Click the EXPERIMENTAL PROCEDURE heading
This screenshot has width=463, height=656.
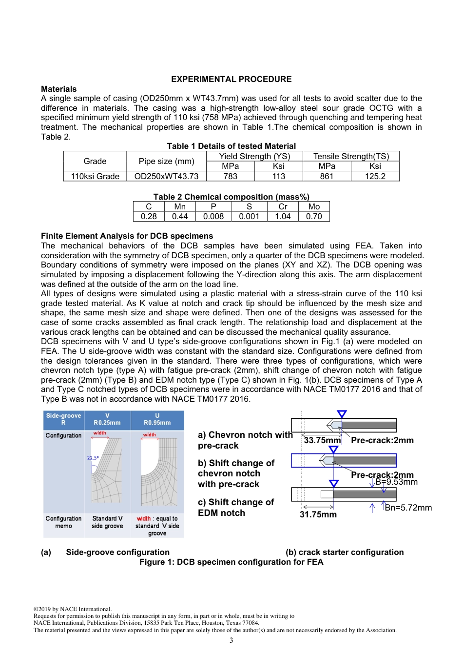coord(231,79)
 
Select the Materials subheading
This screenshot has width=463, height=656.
coord(58,89)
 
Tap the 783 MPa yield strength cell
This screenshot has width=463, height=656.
coord(230,176)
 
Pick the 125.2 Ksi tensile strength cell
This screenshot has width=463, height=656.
coord(375,176)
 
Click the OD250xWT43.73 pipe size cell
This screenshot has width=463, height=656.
coord(166,176)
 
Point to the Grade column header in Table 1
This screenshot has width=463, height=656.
coord(95,161)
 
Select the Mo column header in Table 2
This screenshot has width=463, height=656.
coord(314,206)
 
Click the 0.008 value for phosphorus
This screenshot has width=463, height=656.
coord(213,216)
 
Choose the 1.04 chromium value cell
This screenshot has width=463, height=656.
coord(283,216)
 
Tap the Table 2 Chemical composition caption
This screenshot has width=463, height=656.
coord(231,197)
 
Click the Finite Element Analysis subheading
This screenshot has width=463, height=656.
coord(127,236)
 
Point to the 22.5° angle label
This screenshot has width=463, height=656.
coord(93,458)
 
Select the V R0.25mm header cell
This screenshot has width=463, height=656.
coord(107,419)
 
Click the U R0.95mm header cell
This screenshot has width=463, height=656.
coord(157,419)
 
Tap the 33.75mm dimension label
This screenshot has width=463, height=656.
coord(322,440)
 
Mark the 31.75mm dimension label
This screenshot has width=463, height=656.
coord(318,514)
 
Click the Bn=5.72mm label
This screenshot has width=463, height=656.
coord(408,508)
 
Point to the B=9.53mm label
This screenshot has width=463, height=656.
coord(396,482)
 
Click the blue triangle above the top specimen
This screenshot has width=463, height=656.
coord(342,414)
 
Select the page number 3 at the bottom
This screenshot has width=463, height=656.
coord(231,640)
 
